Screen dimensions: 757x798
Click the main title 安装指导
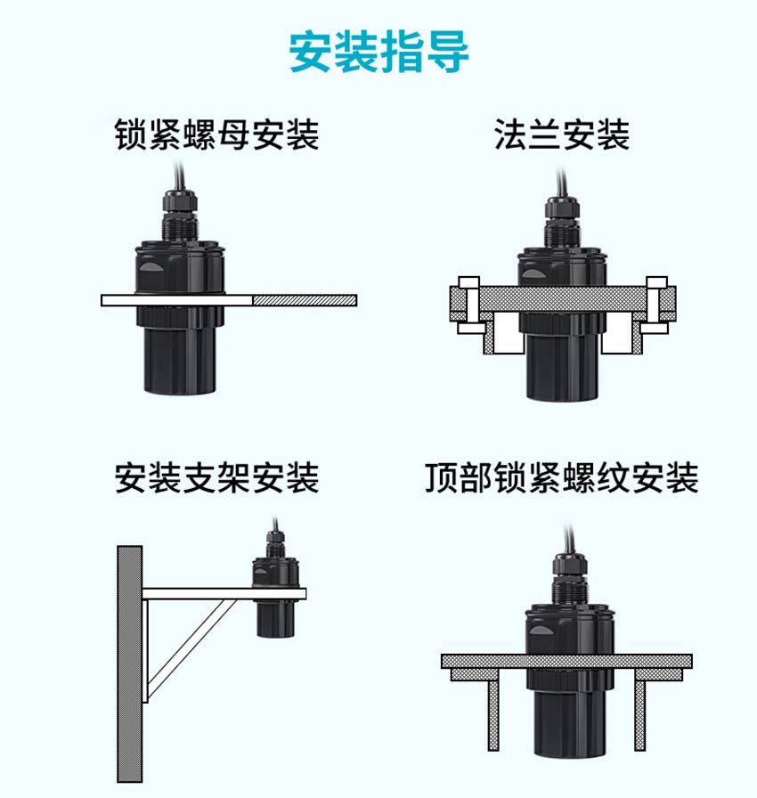click(379, 52)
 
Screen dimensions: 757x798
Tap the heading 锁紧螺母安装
click(217, 134)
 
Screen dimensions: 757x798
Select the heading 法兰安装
click(562, 134)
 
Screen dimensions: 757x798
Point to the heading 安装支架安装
click(217, 478)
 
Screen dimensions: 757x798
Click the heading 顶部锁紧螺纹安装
click(562, 478)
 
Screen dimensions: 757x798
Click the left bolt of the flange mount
click(468, 305)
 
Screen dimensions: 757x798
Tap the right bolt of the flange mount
click(656, 305)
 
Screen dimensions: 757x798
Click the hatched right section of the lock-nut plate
click(305, 300)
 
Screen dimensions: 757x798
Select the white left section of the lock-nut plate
click(176, 300)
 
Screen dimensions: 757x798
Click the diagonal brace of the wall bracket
click(191, 649)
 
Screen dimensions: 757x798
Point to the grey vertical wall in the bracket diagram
click(130, 664)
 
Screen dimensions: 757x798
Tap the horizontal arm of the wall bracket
click(224, 593)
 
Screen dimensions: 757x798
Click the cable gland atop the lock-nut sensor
click(180, 214)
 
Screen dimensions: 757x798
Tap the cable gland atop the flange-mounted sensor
click(562, 222)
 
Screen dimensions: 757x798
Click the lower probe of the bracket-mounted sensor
click(276, 618)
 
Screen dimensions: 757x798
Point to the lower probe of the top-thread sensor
click(570, 712)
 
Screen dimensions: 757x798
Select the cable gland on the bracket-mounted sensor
click(275, 543)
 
